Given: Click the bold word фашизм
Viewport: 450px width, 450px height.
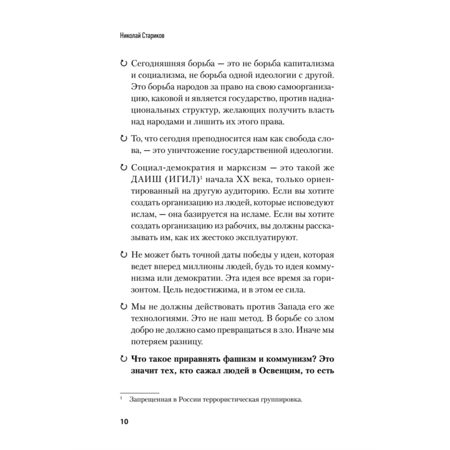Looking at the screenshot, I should (x=238, y=360).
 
